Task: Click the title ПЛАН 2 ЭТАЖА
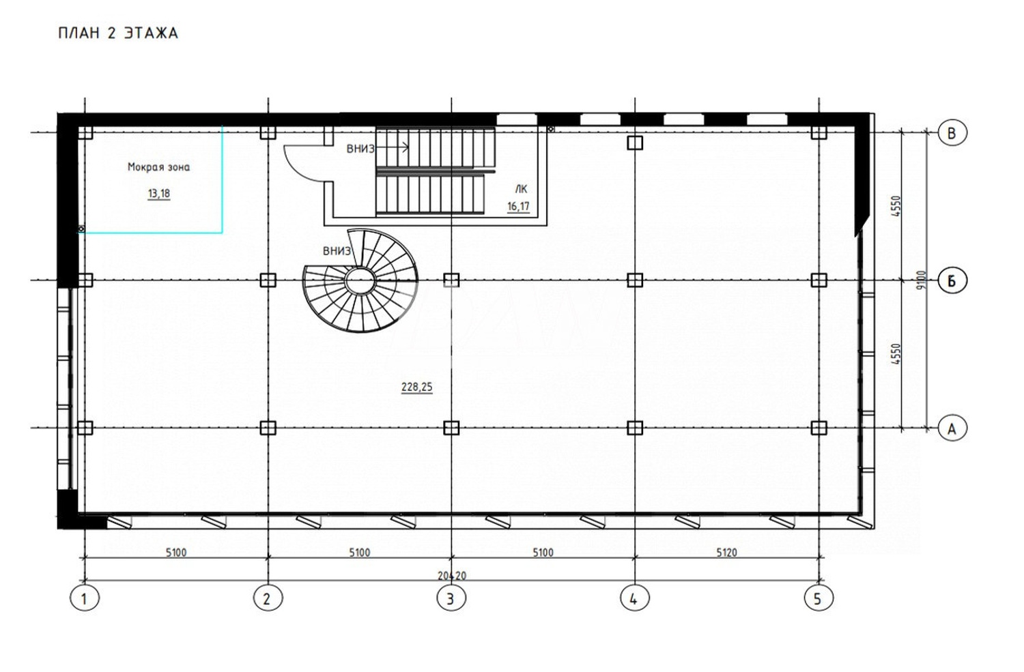point(118,33)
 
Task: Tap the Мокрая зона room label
point(158,167)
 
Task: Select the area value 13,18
point(158,194)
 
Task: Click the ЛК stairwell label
point(521,190)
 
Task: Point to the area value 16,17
point(518,207)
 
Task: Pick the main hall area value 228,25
point(416,388)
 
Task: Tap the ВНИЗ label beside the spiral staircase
point(337,251)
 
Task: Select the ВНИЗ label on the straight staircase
point(360,149)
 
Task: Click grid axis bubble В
point(952,132)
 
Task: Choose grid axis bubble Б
point(952,280)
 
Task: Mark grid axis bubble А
point(952,428)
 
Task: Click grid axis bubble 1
point(84,599)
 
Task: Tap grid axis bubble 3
point(451,599)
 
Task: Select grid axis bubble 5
point(818,599)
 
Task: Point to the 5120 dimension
point(726,553)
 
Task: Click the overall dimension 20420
point(451,576)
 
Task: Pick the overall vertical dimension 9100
point(922,280)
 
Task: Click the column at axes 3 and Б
point(451,280)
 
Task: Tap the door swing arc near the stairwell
point(300,164)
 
